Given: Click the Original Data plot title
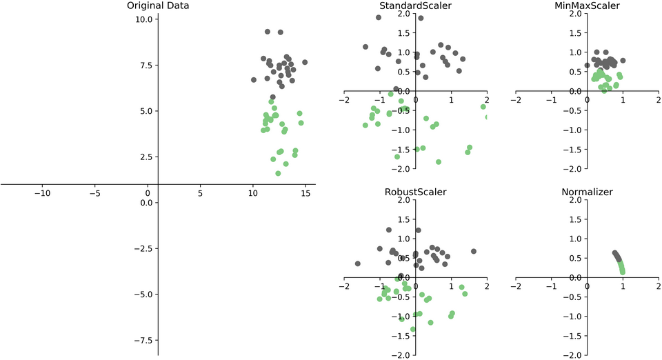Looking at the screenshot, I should (x=158, y=6).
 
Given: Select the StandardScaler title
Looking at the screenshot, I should (x=415, y=6).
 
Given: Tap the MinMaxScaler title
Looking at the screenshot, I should (x=587, y=6).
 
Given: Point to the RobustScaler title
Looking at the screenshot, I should (x=415, y=192).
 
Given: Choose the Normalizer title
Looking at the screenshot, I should (x=587, y=192).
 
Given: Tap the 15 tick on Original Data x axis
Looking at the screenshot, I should (x=305, y=194).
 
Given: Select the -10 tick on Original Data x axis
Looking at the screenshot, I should (x=43, y=194).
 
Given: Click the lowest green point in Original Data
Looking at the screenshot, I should (x=278, y=173).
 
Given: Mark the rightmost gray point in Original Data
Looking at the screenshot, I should (x=305, y=62).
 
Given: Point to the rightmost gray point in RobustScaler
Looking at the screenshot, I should (x=474, y=252).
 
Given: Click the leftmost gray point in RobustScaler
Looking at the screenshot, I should (x=357, y=263).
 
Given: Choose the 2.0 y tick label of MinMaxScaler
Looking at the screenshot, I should (x=574, y=14).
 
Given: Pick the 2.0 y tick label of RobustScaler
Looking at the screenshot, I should (x=403, y=200).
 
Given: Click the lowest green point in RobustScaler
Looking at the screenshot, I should (x=413, y=330).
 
